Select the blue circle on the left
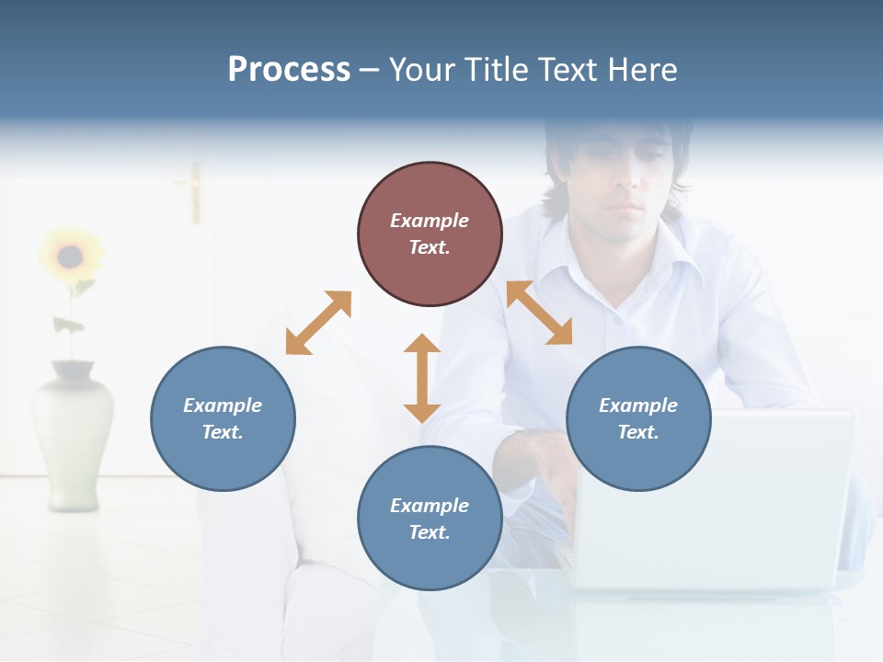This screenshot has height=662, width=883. [x=223, y=418]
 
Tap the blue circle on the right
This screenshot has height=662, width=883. [x=638, y=418]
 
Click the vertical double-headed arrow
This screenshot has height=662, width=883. [x=422, y=378]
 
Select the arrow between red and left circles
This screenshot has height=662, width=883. [x=318, y=323]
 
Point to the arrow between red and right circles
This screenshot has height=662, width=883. [x=539, y=313]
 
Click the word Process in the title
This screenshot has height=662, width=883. [x=289, y=69]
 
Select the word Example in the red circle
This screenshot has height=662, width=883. [x=430, y=221]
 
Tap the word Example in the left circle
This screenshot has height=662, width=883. [x=223, y=405]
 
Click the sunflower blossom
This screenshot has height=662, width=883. [x=69, y=256]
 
